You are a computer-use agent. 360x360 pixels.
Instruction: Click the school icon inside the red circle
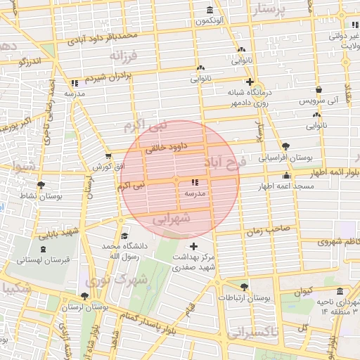tap(195, 183)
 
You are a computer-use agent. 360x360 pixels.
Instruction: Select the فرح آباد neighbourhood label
tap(225, 163)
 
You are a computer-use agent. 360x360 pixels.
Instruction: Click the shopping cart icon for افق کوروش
tap(108, 157)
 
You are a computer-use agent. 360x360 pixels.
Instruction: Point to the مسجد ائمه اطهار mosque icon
tap(285, 176)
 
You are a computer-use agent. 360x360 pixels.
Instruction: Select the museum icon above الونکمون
tap(210, 10)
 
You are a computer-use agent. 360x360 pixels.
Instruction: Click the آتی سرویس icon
tap(320, 90)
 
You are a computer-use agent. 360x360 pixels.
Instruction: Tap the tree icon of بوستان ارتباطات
tap(244, 287)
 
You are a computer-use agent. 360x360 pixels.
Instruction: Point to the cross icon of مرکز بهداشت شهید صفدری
tap(194, 247)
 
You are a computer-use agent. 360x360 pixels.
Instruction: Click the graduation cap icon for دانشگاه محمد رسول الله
tap(124, 236)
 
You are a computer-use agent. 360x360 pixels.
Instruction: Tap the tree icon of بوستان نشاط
tap(41, 186)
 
